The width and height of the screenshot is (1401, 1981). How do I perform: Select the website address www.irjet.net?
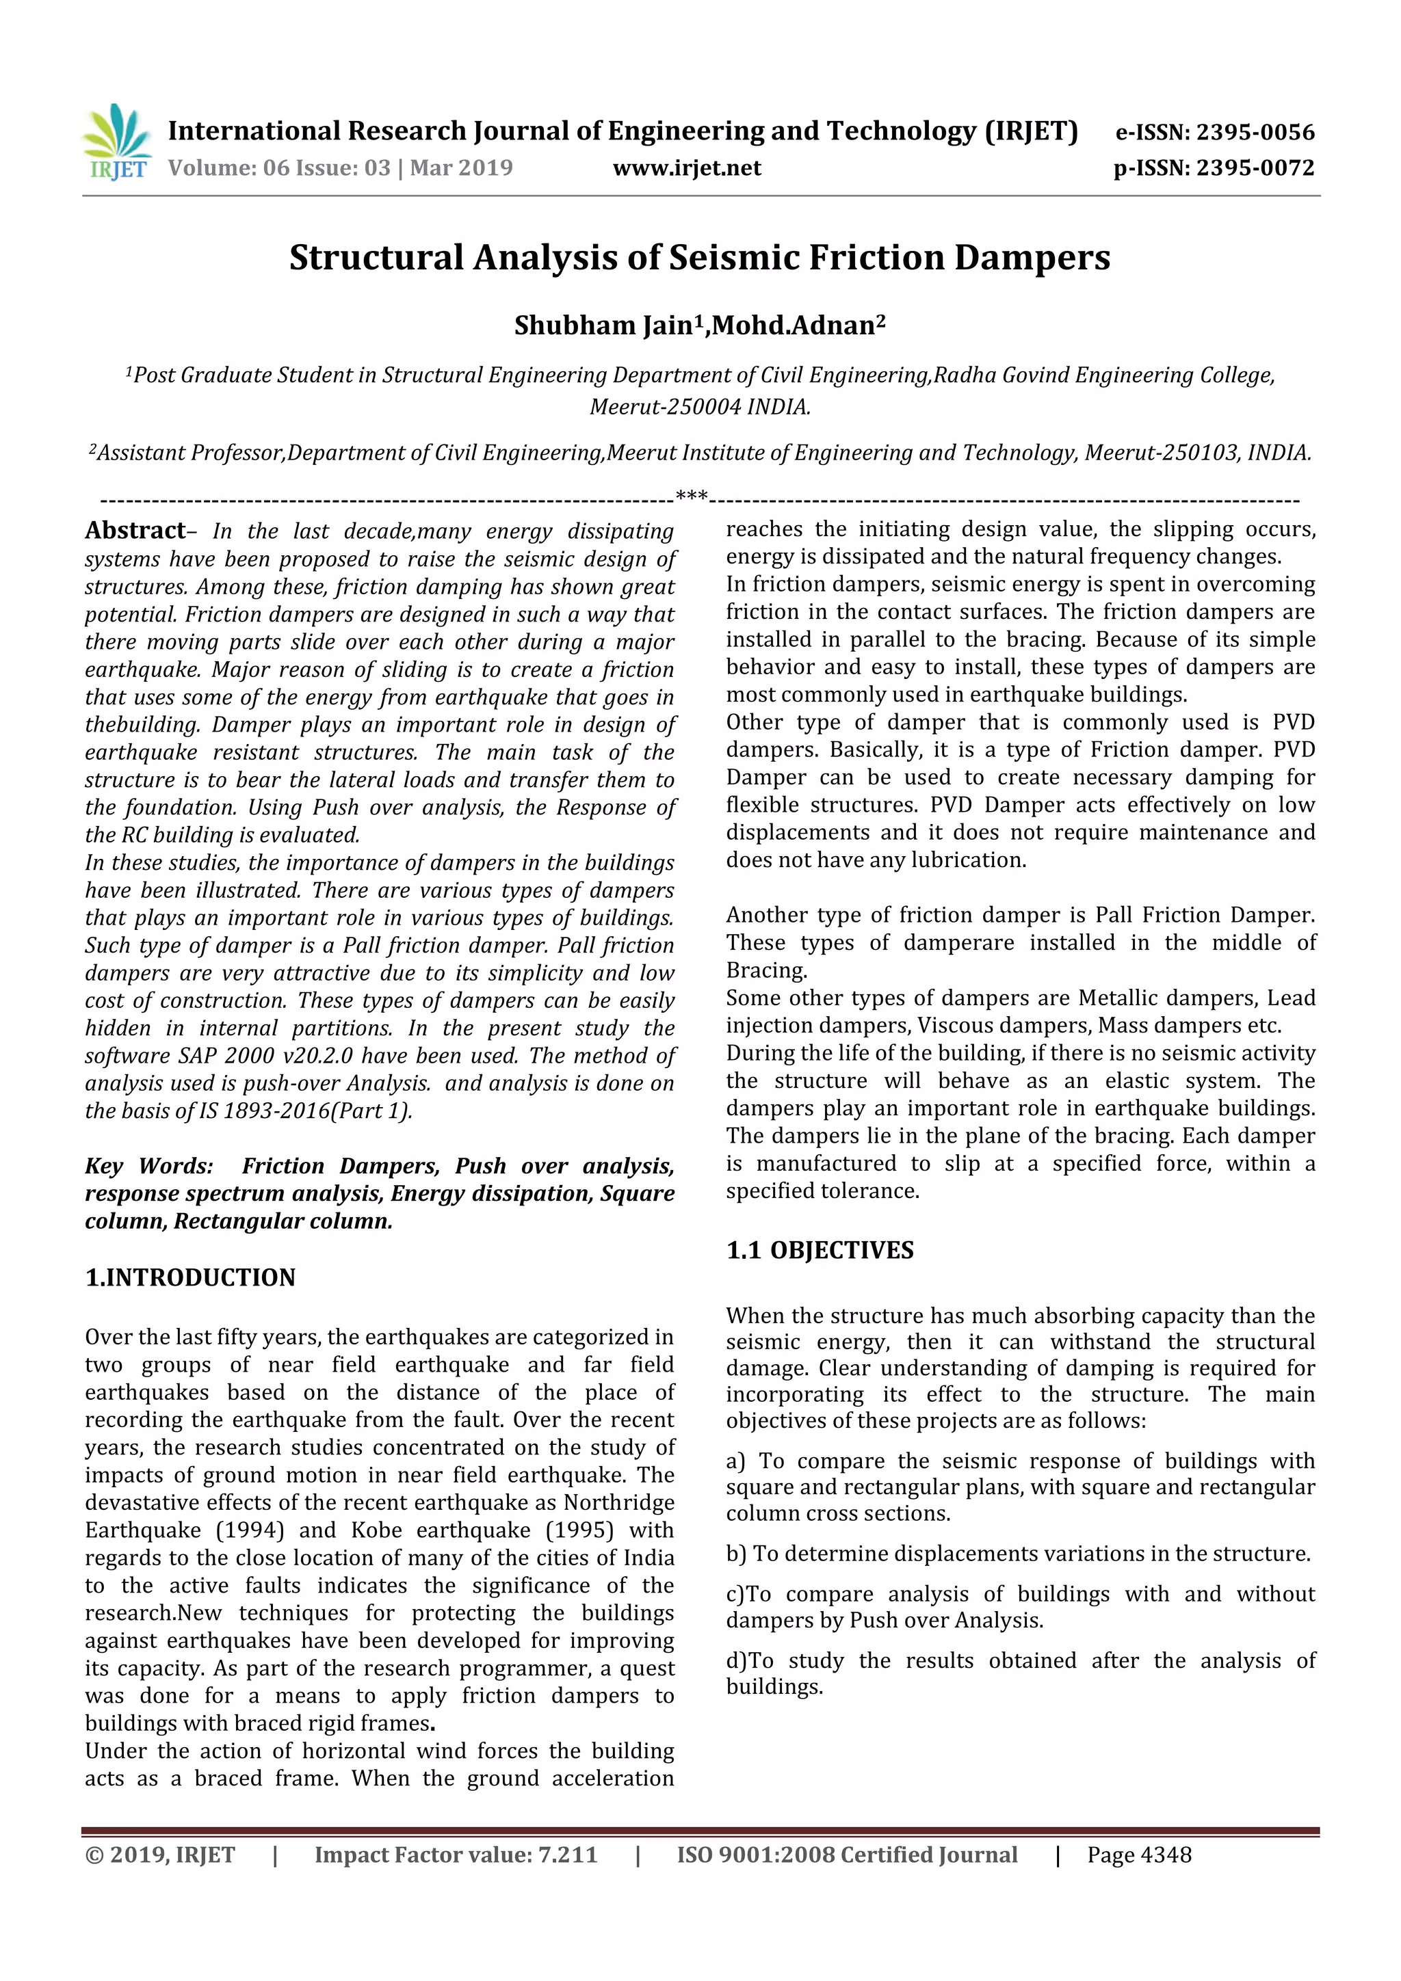coord(686,168)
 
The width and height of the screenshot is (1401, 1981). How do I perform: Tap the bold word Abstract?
coord(135,530)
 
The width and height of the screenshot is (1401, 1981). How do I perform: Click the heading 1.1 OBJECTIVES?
coord(820,1249)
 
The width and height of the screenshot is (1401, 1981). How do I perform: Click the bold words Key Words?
coord(148,1166)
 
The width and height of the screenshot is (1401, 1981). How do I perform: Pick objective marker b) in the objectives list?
coord(735,1553)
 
